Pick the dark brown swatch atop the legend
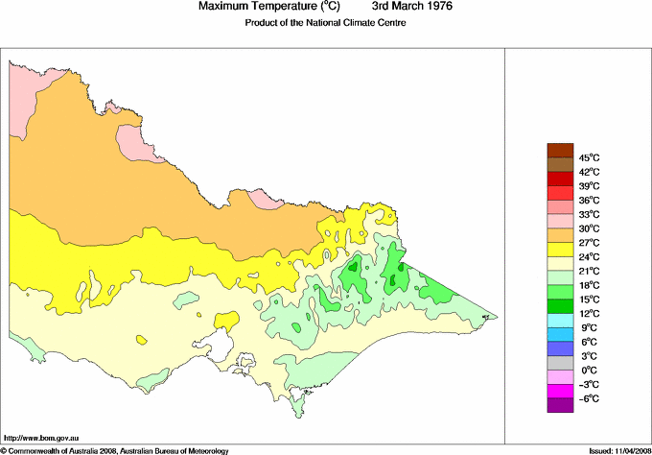559,149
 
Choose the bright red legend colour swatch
559,178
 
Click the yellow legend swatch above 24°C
559,249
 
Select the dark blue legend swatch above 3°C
559,348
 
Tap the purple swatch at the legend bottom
559,405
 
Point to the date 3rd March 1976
412,7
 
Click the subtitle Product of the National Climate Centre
326,22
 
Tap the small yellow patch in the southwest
141,339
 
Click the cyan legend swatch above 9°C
559,320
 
